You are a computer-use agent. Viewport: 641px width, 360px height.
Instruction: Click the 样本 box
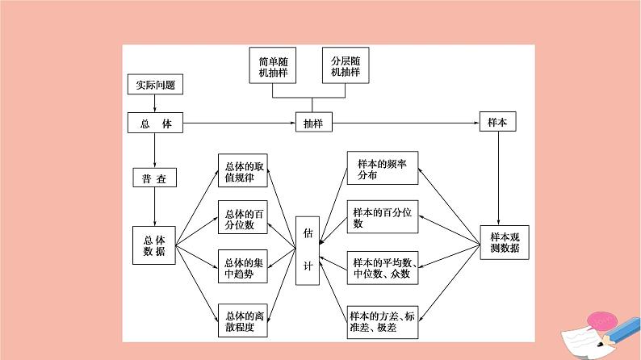coord(497,123)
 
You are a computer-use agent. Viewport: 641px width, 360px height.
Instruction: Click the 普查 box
coord(154,179)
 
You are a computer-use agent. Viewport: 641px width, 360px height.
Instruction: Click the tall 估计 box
coord(308,250)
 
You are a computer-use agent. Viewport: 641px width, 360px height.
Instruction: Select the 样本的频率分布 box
coord(383,170)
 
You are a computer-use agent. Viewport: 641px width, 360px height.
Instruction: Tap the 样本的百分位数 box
coord(383,218)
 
